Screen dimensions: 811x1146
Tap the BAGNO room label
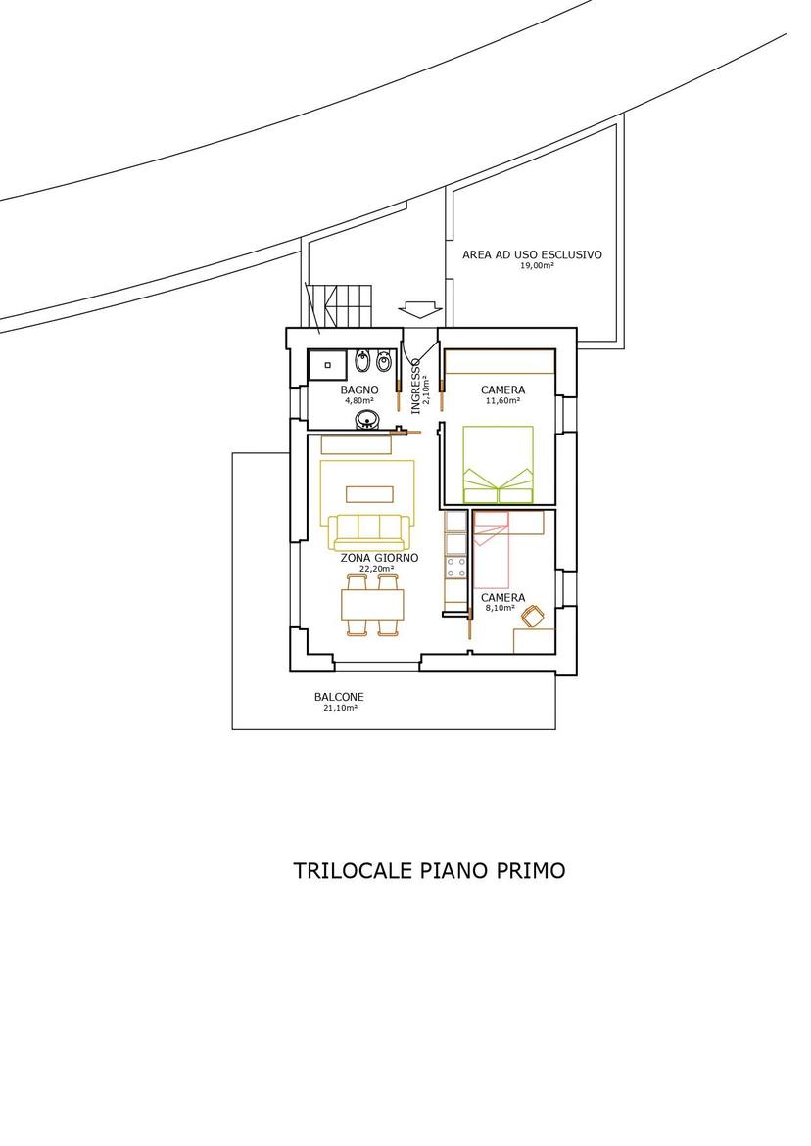[x=359, y=390]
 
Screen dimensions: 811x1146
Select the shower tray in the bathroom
[x=327, y=364]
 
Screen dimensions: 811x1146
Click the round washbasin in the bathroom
[x=367, y=420]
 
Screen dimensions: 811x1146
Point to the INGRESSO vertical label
[x=415, y=386]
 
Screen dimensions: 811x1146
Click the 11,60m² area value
[x=503, y=400]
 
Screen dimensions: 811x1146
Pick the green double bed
[x=498, y=464]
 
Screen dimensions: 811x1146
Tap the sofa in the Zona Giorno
[x=368, y=532]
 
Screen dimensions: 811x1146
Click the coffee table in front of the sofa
[x=368, y=495]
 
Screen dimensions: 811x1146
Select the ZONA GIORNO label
[x=379, y=558]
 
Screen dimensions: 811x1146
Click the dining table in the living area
[x=373, y=605]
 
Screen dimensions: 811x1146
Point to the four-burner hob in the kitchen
[x=456, y=568]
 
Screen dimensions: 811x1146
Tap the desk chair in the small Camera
[x=532, y=617]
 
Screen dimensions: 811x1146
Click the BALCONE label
[x=339, y=697]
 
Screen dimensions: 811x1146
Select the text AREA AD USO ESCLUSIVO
[x=533, y=255]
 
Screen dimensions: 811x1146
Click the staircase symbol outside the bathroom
[x=340, y=305]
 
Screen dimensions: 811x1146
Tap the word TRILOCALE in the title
[x=354, y=870]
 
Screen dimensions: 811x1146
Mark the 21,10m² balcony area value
[x=340, y=708]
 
